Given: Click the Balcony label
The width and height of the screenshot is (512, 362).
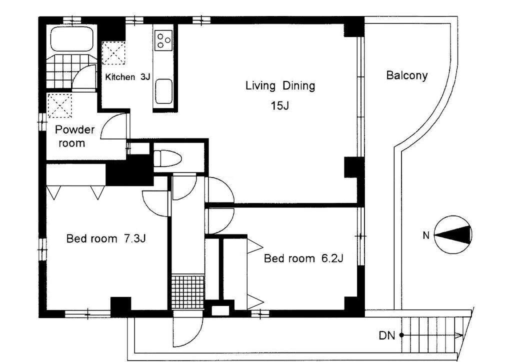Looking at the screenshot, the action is click(x=406, y=75).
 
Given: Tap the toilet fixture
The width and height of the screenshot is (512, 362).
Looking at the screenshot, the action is click(x=167, y=158).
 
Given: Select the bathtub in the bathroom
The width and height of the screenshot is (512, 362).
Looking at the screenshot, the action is click(x=72, y=39).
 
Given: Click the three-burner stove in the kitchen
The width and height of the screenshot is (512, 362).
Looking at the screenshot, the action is click(x=163, y=40).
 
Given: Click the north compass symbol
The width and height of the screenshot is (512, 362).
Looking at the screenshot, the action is click(x=453, y=234).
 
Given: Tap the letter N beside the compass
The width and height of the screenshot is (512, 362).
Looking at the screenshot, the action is click(x=426, y=235).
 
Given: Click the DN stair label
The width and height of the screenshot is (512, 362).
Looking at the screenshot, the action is click(x=387, y=335).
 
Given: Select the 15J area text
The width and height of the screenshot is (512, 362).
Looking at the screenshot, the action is click(x=280, y=106).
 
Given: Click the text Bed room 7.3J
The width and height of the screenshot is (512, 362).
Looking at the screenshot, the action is click(x=106, y=238).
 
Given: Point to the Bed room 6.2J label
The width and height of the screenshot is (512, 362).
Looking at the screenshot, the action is click(x=303, y=258).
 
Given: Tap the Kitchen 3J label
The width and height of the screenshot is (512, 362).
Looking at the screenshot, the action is click(x=127, y=77).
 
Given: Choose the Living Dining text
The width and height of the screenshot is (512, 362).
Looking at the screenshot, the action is click(x=280, y=86).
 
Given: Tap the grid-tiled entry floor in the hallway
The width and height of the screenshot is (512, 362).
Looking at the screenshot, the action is click(x=187, y=292).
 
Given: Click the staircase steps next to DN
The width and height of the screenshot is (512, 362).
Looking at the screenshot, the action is click(x=434, y=333).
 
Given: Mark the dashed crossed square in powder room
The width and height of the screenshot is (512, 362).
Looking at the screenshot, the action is click(x=60, y=106).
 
